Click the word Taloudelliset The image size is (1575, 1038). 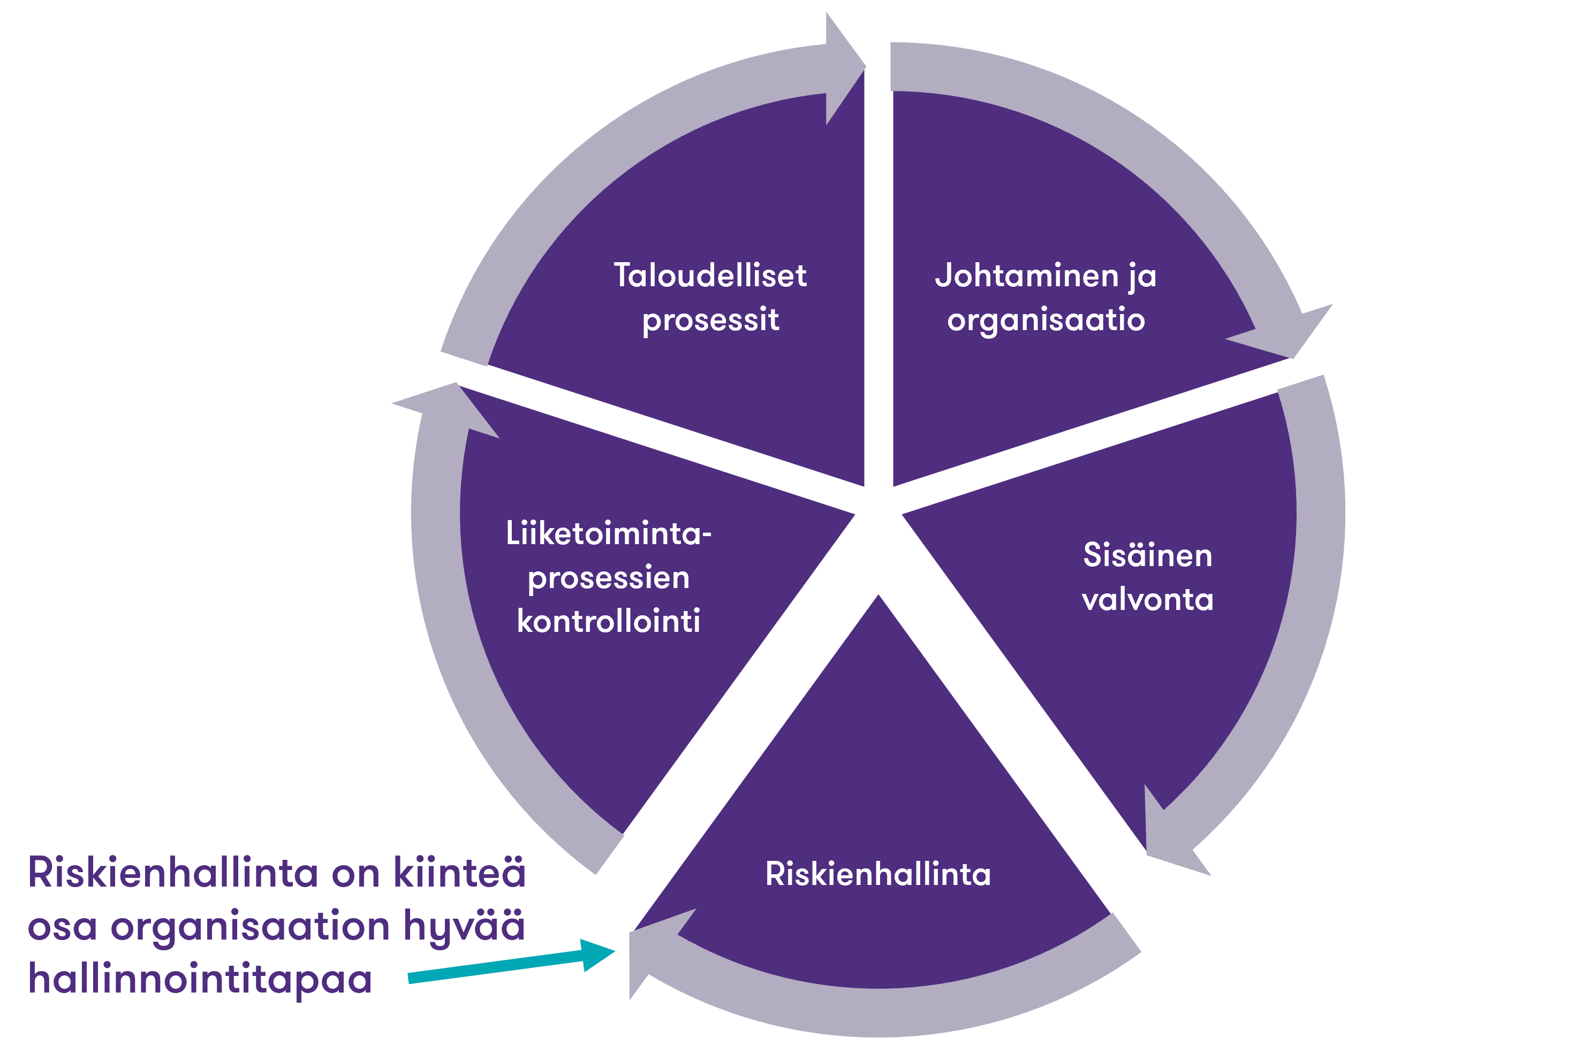point(709,276)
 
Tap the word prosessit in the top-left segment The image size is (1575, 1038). point(710,320)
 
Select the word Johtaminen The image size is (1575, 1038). point(1026,276)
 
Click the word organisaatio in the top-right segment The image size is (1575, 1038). point(1046,320)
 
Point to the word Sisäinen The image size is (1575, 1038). point(1147,555)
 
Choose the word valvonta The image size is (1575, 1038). point(1147,600)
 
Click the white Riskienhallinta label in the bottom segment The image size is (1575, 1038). point(877,874)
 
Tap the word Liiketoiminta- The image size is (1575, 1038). point(608,533)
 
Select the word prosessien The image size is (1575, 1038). point(608,577)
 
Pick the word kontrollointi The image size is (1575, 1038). point(608,622)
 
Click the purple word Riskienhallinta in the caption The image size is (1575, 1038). point(173,873)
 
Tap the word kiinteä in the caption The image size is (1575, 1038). point(460,873)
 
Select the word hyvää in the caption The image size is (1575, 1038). point(464,926)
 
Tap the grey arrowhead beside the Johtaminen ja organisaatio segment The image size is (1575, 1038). point(1291,331)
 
